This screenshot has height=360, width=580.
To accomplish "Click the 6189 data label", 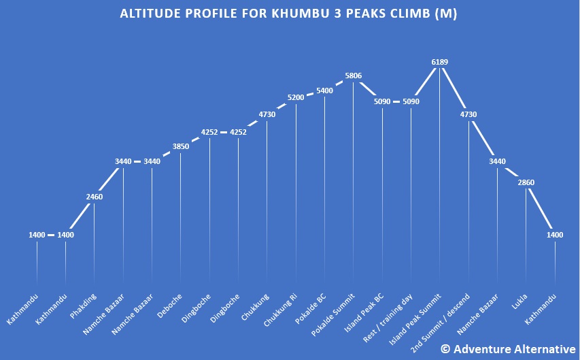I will (x=439, y=62).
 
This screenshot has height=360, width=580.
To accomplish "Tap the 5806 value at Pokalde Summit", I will (x=353, y=76).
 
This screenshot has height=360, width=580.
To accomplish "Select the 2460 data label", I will (x=94, y=197).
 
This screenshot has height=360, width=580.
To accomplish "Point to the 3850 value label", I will (x=180, y=146).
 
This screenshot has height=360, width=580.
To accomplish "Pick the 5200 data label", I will (x=296, y=97).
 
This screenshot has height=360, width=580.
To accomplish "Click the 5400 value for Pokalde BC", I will (x=324, y=91).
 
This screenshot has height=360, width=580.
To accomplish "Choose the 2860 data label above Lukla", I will (x=526, y=184).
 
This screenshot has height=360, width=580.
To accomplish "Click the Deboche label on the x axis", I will (x=170, y=305).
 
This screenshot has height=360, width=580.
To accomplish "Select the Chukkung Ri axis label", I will (x=281, y=310).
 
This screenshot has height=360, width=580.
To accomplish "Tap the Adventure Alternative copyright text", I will (x=508, y=348).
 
